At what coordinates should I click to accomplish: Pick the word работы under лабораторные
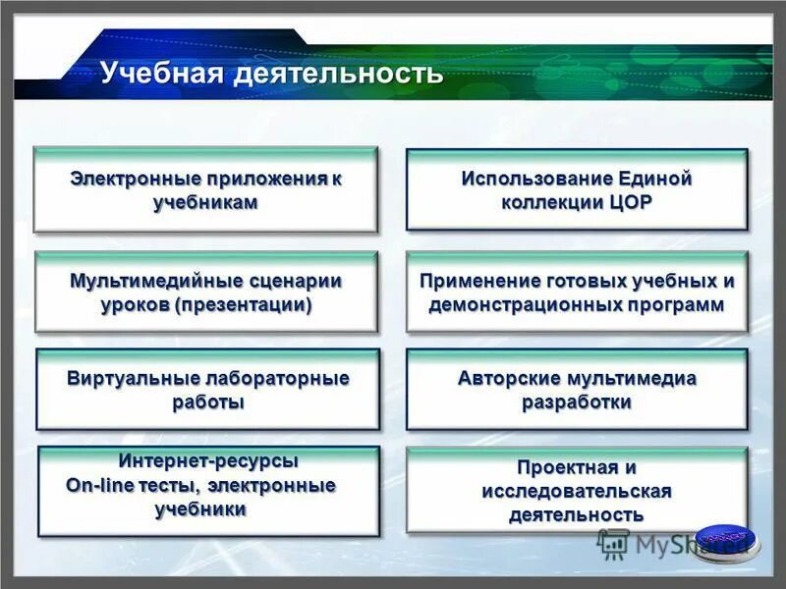(207, 402)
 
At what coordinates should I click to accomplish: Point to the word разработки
(577, 402)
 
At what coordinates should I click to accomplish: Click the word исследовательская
(577, 490)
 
